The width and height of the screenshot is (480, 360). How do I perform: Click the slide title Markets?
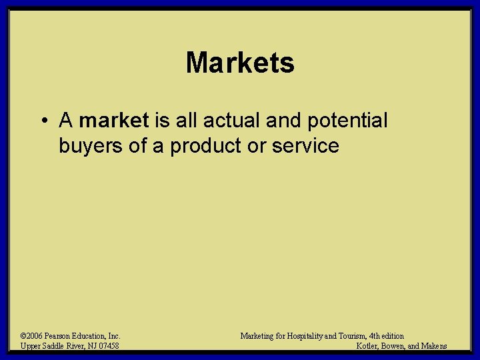pos(240,63)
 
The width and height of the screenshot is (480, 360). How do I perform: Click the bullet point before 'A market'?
pos(42,121)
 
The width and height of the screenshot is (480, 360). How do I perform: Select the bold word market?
pos(114,121)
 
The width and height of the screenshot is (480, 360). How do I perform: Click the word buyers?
pos(91,146)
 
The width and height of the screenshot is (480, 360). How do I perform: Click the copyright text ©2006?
pos(33,336)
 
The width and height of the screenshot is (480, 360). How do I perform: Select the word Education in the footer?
pos(94,336)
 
